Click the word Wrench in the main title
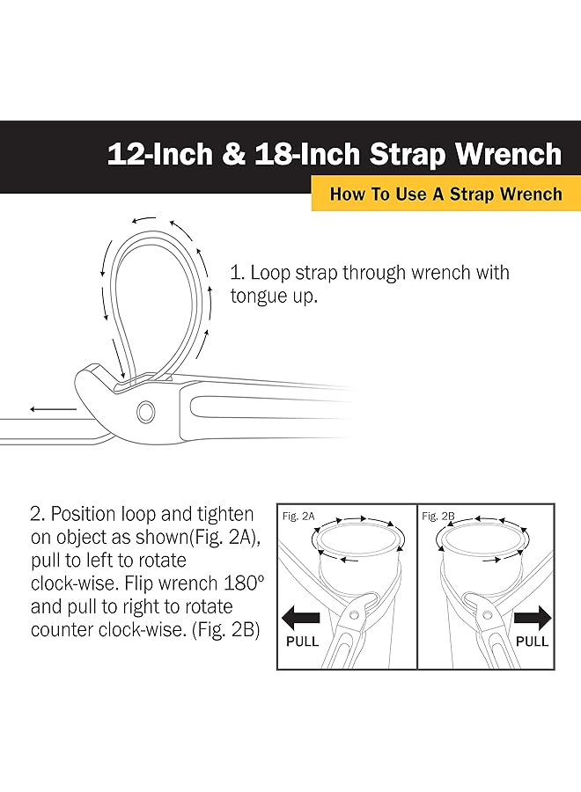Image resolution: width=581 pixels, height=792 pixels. (x=508, y=154)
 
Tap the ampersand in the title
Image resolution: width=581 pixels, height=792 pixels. (x=232, y=155)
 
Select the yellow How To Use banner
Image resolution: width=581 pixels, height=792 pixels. (x=445, y=194)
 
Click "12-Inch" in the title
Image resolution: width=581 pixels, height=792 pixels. (x=158, y=155)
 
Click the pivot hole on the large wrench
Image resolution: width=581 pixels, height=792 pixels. (x=146, y=410)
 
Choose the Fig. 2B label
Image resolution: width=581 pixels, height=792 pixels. (x=438, y=516)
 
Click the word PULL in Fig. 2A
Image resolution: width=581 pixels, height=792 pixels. (x=303, y=642)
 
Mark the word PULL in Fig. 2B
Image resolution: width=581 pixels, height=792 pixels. (x=532, y=642)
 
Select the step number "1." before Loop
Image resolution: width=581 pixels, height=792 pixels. (x=236, y=273)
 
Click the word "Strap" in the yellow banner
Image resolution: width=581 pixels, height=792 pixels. (x=474, y=194)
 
